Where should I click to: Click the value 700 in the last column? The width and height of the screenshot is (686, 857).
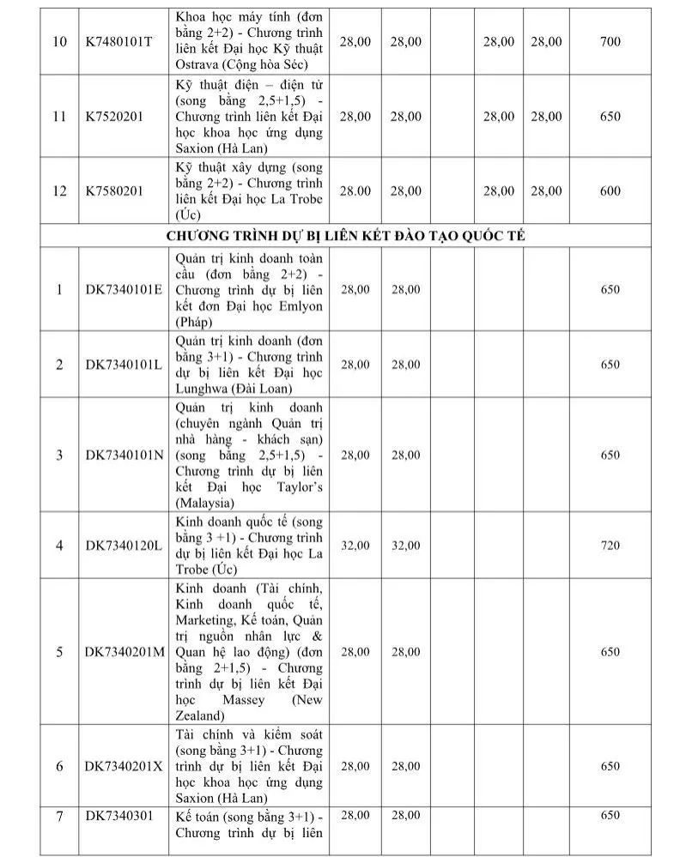[610, 41]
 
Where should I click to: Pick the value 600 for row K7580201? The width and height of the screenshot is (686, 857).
[610, 190]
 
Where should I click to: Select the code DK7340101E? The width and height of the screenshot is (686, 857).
[124, 290]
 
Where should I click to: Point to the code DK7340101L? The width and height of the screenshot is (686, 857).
[123, 365]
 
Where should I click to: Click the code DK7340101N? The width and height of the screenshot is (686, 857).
[124, 455]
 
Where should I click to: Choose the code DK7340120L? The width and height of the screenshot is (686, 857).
[123, 545]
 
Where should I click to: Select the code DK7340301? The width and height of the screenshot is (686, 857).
[118, 815]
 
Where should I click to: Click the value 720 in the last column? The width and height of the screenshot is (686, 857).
[610, 545]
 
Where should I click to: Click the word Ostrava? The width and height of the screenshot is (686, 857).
[198, 65]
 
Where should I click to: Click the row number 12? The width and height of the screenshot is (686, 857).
[59, 190]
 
